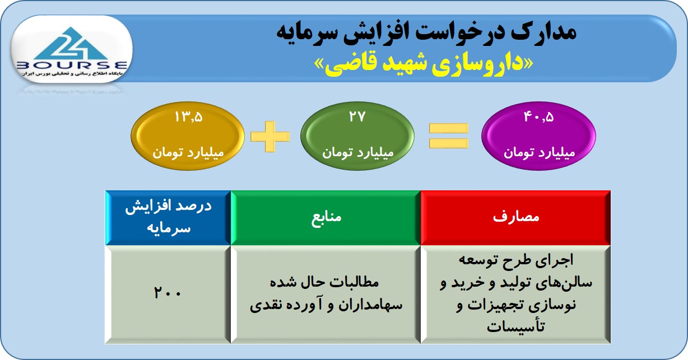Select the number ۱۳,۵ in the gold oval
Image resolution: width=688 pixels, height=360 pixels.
pos(188,117)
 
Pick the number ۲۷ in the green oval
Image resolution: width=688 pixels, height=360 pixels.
pos(357,116)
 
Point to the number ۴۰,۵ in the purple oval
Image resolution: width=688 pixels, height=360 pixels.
pos(538,117)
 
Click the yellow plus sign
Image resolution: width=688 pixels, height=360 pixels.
pos(270,137)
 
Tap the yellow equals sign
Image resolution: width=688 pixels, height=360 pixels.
pos(448,136)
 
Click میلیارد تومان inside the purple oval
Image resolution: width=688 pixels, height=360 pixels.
pos(539,152)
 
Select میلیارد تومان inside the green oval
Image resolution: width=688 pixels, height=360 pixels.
pos(358,152)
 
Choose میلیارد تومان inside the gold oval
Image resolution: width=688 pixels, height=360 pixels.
pos(188,152)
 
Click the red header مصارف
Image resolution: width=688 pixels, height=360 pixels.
pos(516,217)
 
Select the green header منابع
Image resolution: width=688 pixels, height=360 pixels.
pos(326,218)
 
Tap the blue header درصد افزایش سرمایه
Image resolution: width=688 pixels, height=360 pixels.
pos(168,217)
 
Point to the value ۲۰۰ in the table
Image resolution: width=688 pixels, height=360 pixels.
pos(168,292)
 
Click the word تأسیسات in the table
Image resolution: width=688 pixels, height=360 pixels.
pos(516,326)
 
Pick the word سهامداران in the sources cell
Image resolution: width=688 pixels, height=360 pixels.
pos(370,305)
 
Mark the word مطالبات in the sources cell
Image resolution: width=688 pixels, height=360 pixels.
pos(352,282)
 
